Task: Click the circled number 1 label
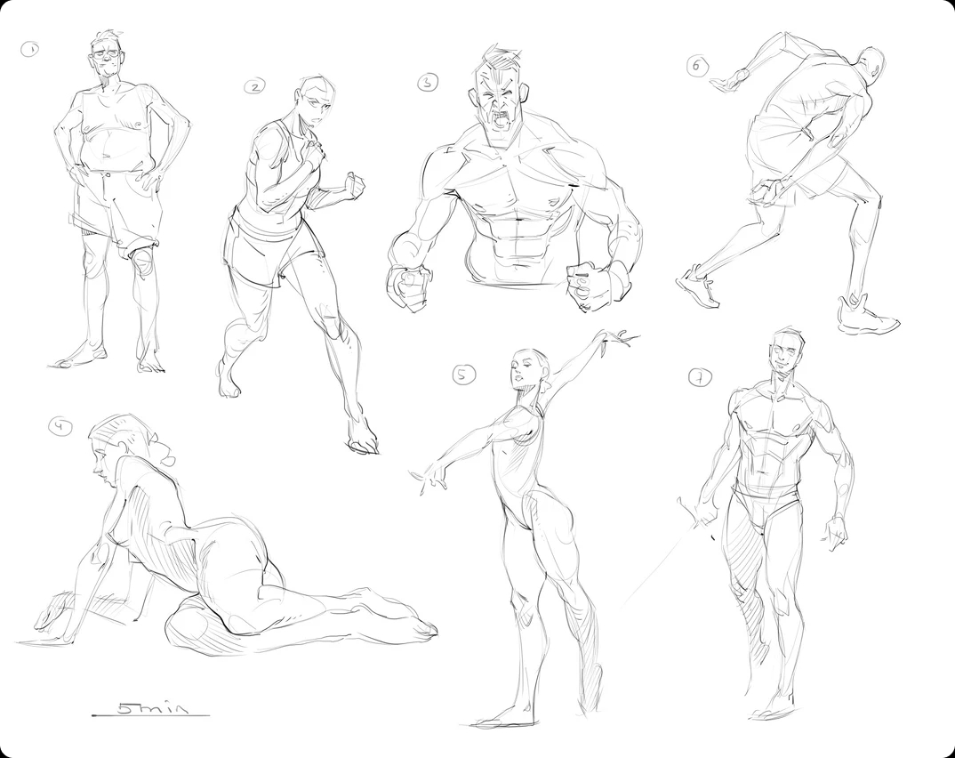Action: coord(29,49)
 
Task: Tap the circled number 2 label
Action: coord(254,87)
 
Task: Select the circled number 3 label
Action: coord(429,82)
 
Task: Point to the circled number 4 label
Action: coord(59,427)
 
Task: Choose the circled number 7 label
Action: coord(700,378)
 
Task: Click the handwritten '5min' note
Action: coord(152,709)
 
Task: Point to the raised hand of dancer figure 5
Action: coord(619,338)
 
